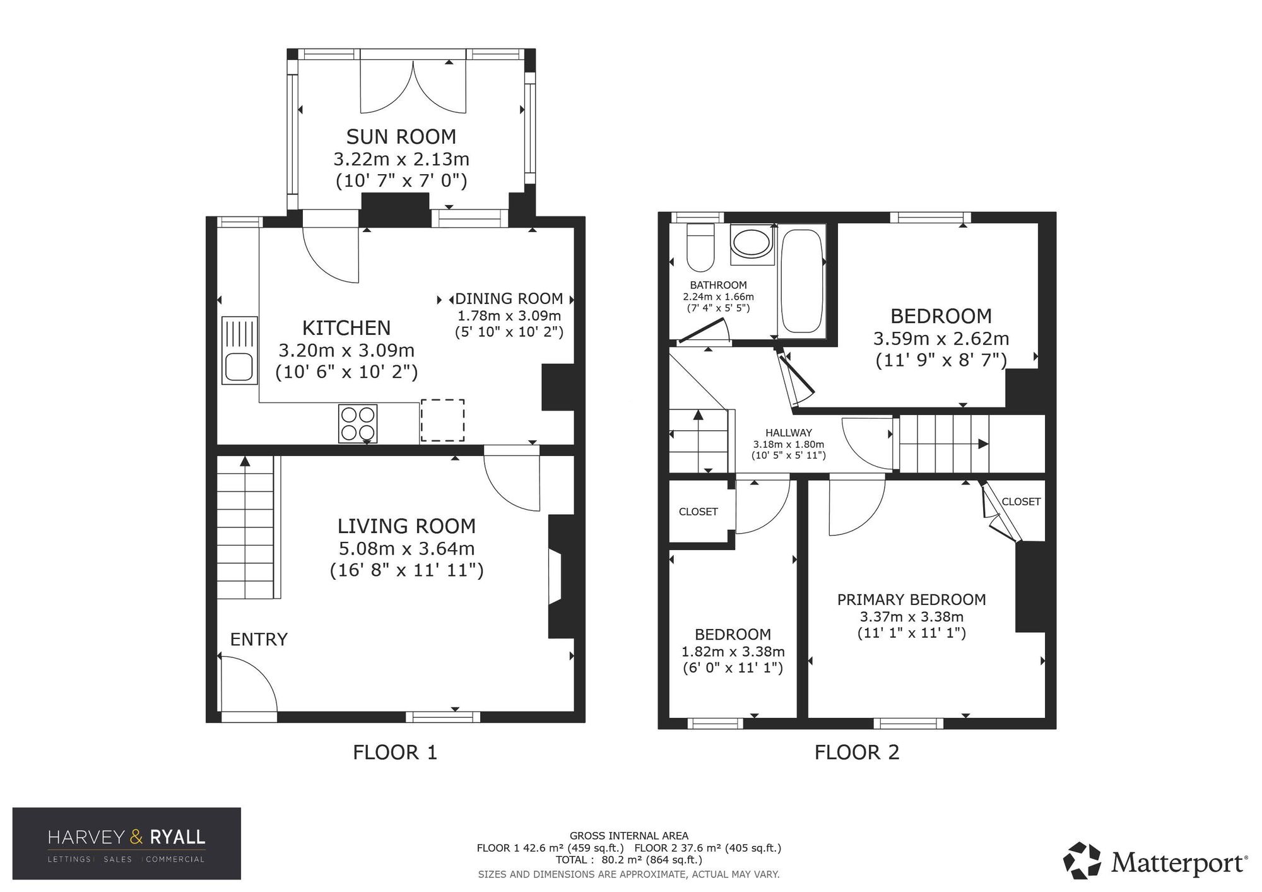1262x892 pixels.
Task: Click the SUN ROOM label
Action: [401, 136]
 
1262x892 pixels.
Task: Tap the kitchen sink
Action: [240, 351]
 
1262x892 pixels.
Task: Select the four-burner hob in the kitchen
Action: [358, 423]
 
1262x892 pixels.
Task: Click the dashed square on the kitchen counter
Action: [442, 421]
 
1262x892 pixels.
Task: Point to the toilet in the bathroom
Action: [700, 247]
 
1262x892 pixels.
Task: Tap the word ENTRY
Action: [259, 640]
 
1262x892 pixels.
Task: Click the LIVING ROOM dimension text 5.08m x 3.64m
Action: [406, 549]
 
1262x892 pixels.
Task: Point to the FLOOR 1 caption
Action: [395, 752]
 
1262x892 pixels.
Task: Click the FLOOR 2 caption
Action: [857, 752]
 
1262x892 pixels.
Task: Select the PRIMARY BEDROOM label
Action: [911, 599]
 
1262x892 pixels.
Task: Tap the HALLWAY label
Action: [789, 433]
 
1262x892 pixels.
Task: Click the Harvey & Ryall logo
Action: [127, 843]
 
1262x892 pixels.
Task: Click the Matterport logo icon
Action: [1082, 860]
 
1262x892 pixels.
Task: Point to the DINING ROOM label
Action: [509, 298]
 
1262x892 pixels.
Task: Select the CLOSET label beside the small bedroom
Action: [698, 512]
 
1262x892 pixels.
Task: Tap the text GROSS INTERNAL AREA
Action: [629, 836]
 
